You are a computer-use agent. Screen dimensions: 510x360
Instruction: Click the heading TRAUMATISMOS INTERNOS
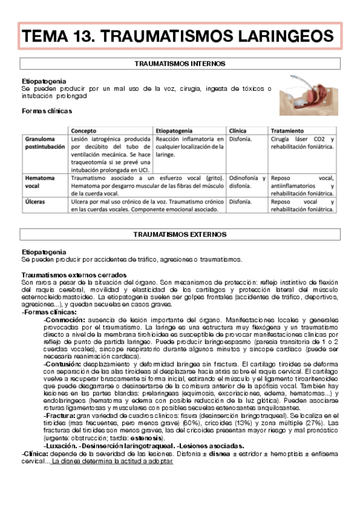coord(180,63)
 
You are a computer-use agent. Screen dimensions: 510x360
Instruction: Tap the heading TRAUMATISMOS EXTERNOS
coord(180,234)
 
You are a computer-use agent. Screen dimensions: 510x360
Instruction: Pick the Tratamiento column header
coord(287,131)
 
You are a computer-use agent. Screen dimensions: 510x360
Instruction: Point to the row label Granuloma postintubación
coord(44,143)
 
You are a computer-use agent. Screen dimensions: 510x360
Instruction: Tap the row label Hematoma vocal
coord(39,182)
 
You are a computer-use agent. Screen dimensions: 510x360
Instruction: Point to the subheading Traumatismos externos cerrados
coord(73,275)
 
